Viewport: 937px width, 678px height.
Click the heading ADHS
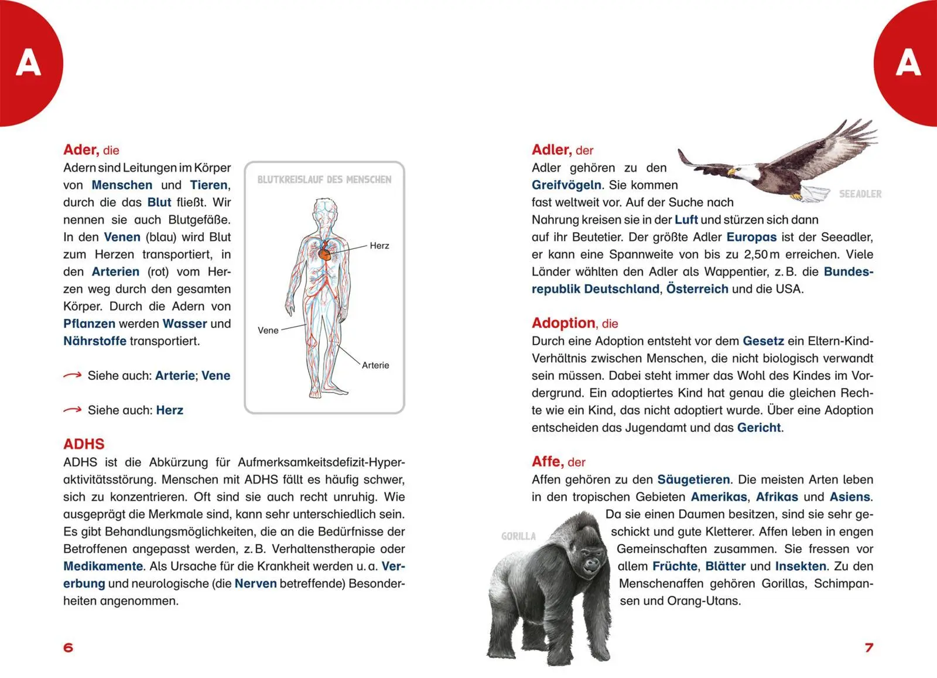(84, 444)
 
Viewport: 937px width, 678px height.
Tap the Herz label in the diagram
(379, 246)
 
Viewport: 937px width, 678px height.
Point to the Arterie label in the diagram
(375, 365)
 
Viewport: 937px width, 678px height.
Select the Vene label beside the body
(268, 331)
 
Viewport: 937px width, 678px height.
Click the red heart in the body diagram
(324, 253)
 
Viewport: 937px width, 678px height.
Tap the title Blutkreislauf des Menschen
(324, 180)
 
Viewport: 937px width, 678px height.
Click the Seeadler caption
(860, 194)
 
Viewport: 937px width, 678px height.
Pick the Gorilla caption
(518, 536)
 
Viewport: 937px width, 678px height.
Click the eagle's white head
(740, 175)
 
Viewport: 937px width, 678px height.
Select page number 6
(69, 648)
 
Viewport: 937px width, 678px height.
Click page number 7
(868, 648)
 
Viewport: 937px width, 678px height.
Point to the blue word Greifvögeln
(566, 185)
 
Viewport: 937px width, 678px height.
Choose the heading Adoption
(563, 323)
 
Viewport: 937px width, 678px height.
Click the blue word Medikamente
(103, 567)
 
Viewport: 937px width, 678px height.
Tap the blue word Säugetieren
(693, 480)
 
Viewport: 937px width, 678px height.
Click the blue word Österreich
(697, 289)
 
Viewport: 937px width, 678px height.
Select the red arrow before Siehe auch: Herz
(72, 410)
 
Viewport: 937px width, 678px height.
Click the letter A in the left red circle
(28, 63)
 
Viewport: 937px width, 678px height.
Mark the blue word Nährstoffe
(95, 341)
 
